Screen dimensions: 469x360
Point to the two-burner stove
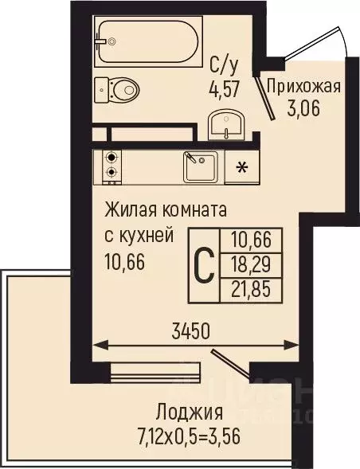point(110,165)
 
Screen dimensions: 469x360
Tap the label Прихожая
point(303,88)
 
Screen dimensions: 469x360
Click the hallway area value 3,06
point(303,110)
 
